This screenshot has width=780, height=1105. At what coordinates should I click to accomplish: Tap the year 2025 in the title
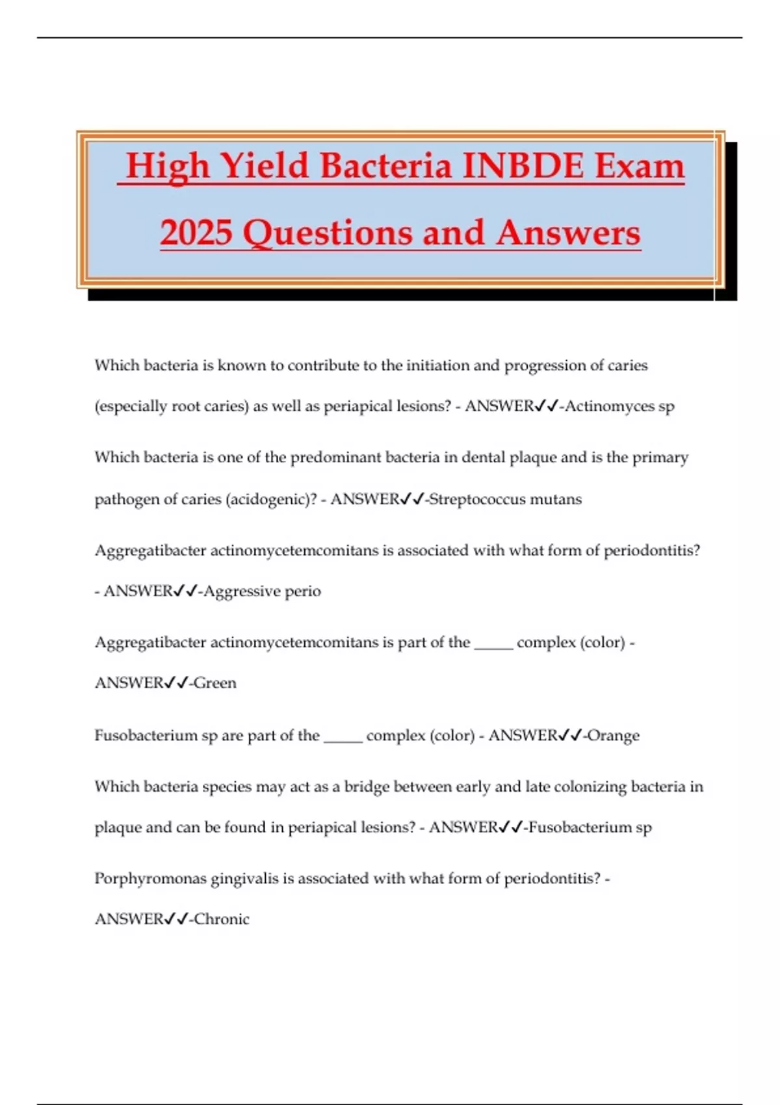[x=196, y=233]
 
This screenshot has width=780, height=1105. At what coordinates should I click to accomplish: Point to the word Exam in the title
[x=640, y=166]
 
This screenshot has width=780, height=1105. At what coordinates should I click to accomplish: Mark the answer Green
[x=215, y=683]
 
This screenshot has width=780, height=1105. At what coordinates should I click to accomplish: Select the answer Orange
[x=614, y=736]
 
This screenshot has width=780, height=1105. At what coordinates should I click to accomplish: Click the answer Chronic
[x=222, y=919]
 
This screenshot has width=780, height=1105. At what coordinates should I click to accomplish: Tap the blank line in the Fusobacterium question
[x=343, y=740]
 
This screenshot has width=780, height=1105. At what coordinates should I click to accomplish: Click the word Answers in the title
[x=568, y=233]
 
